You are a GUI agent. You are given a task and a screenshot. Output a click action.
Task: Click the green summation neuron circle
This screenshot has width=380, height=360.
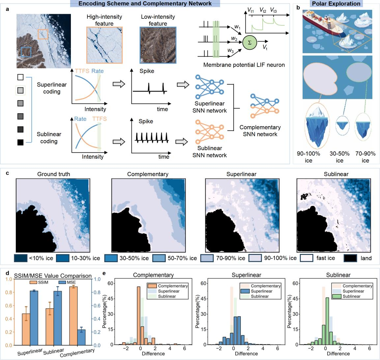[249, 42]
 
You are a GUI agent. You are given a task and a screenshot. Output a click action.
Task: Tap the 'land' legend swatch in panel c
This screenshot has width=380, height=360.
[350, 258]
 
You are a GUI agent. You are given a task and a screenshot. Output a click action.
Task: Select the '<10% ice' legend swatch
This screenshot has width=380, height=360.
[21, 258]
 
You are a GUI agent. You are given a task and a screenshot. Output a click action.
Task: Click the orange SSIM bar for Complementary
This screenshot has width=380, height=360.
[73, 316]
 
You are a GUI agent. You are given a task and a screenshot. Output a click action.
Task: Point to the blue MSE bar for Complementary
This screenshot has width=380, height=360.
[81, 337]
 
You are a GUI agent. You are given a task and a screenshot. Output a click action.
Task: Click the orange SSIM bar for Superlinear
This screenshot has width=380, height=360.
[26, 329]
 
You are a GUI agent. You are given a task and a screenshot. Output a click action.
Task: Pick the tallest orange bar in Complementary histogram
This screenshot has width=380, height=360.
[139, 316]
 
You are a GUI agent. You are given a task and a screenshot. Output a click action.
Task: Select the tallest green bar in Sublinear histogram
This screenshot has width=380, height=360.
[327, 321]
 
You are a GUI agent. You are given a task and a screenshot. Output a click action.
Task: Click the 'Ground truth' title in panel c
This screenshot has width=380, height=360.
[54, 174]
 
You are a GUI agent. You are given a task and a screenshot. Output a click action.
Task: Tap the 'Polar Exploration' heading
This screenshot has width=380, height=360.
[336, 3]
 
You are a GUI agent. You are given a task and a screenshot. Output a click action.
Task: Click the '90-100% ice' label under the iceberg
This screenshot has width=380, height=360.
[308, 157]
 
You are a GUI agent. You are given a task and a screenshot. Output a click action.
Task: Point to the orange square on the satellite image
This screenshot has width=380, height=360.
[43, 34]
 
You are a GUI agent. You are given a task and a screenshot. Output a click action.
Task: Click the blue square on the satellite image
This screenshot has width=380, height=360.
[26, 52]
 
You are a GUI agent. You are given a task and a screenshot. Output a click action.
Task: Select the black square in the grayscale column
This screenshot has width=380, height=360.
[20, 142]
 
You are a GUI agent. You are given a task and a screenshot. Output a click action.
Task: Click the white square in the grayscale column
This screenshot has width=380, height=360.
[20, 77]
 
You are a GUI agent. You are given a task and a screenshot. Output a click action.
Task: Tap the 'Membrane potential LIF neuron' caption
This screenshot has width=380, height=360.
[244, 65]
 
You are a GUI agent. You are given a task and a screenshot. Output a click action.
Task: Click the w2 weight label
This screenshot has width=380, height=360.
[234, 39]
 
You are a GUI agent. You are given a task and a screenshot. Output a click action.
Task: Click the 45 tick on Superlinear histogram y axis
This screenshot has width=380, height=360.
[204, 298]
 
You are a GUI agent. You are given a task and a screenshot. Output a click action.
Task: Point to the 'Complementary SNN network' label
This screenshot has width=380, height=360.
[260, 130]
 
